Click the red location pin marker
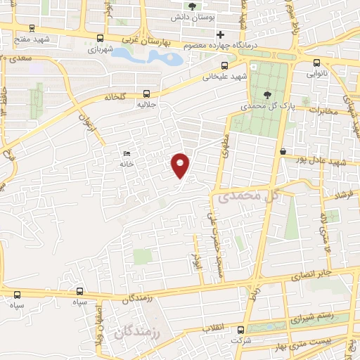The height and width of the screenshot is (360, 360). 181,165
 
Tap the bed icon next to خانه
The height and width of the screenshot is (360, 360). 127,154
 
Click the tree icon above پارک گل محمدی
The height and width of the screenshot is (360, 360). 266,95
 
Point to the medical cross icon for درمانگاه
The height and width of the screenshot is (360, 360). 221,34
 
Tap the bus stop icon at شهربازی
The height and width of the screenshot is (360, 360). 100,39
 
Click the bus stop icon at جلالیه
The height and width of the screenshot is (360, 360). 146,93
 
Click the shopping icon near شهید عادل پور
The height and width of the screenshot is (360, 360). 283,151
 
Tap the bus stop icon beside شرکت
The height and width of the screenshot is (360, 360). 240,330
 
